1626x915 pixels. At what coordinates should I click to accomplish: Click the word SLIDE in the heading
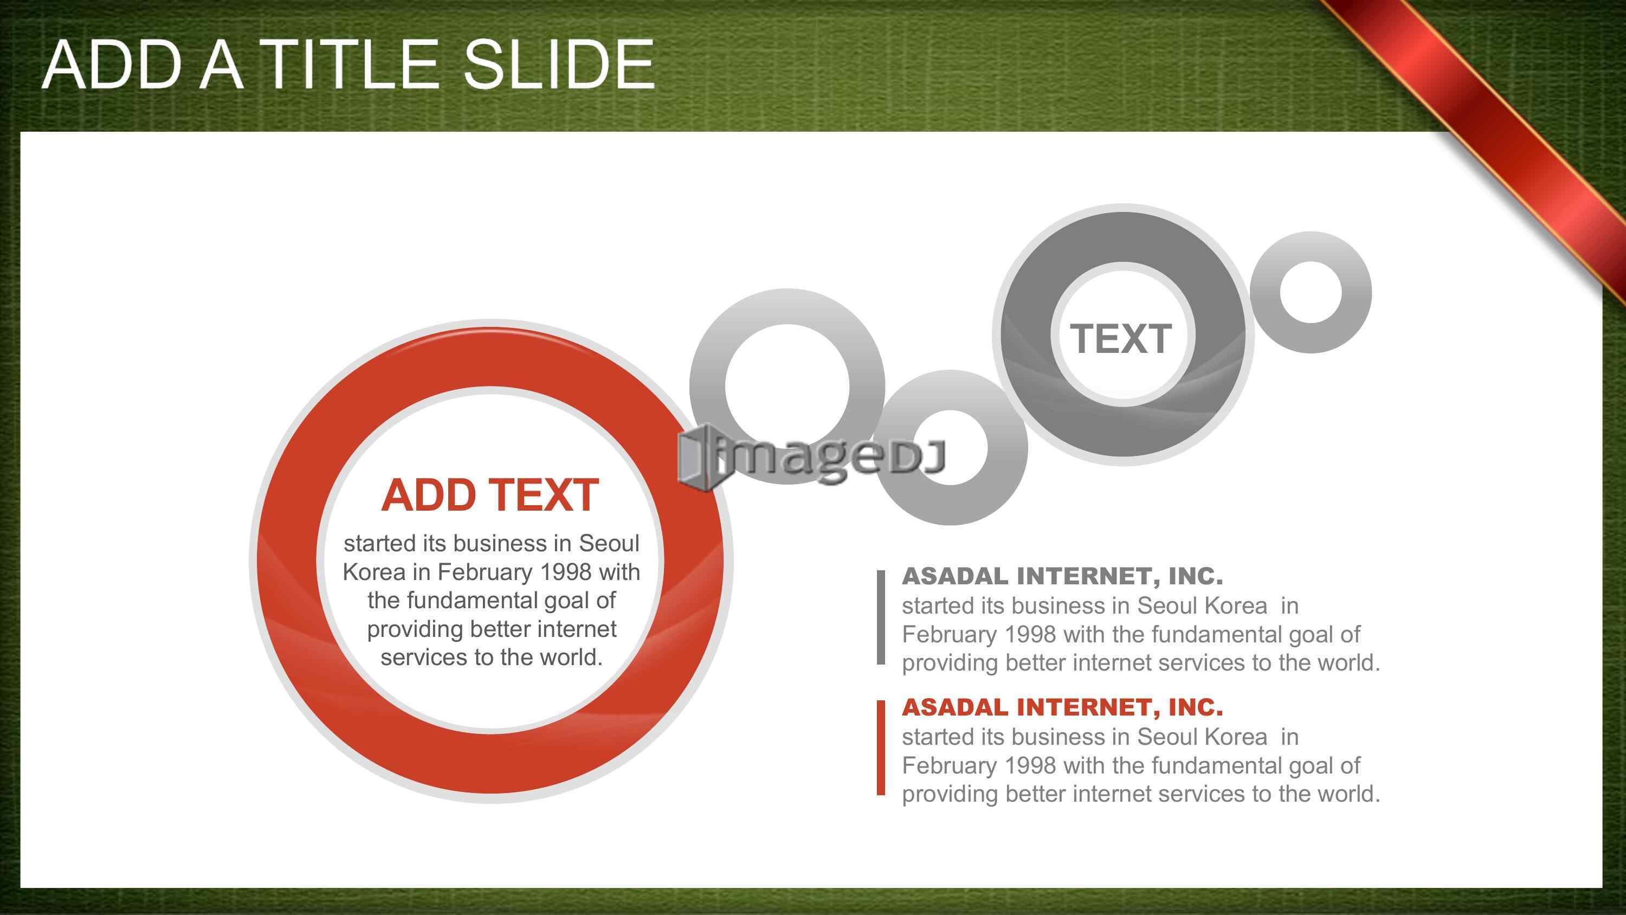pos(559,65)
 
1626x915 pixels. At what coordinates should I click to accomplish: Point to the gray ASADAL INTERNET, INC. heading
pos(1062,576)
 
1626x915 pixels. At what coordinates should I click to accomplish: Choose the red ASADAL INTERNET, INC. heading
pos(1062,707)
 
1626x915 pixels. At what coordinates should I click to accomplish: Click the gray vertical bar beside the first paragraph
pos(881,617)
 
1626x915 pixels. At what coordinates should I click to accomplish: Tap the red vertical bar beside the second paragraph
pos(881,748)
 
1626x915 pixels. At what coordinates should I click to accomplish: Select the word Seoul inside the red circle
pos(609,544)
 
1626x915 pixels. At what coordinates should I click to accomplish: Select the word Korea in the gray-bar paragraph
pos(1235,606)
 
